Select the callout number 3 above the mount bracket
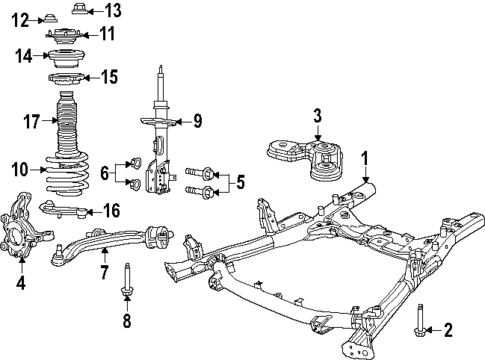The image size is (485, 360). [x=316, y=117]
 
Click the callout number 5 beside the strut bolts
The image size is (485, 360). [x=238, y=182]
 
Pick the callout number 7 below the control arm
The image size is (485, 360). [x=104, y=270]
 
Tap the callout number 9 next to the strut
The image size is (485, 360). [x=198, y=122]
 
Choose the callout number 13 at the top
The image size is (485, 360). [x=112, y=11]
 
